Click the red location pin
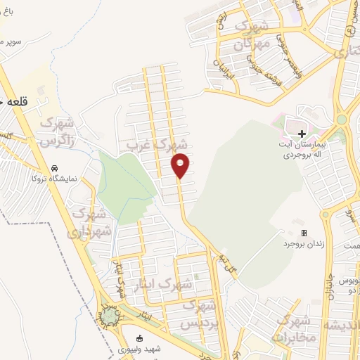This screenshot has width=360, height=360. (x=181, y=165)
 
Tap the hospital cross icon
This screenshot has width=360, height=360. (x=302, y=134)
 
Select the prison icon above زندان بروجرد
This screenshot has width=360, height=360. (x=304, y=233)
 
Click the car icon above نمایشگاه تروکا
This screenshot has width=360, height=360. (x=54, y=169)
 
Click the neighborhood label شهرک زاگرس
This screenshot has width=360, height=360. (x=58, y=131)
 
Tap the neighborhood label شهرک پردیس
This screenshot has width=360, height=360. (x=199, y=315)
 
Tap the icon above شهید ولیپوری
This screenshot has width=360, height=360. (x=143, y=337)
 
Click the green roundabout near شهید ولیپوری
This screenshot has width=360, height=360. (x=109, y=319)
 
